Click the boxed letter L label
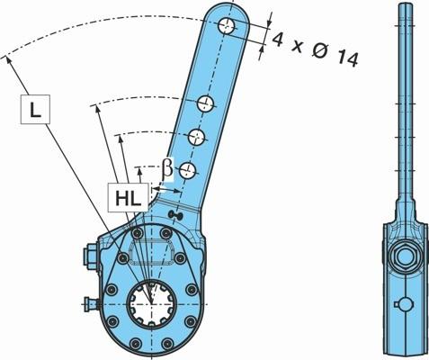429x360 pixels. pyautogui.click(x=35, y=109)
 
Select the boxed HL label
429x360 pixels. pyautogui.click(x=129, y=197)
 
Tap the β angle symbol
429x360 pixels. pyautogui.click(x=167, y=169)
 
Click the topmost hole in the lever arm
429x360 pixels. pyautogui.click(x=227, y=26)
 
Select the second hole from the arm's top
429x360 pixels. pyautogui.click(x=206, y=103)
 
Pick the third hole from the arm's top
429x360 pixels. pyautogui.click(x=196, y=137)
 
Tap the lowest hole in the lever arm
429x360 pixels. pyautogui.click(x=187, y=171)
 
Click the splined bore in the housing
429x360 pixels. pyautogui.click(x=151, y=303)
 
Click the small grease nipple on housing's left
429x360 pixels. pyautogui.click(x=92, y=304)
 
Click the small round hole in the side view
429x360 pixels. pyautogui.click(x=404, y=304)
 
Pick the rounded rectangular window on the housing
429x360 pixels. pyautogui.click(x=152, y=252)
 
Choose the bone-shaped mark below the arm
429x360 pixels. pyautogui.click(x=175, y=214)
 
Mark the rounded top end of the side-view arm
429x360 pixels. pyautogui.click(x=406, y=6)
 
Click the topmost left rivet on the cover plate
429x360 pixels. pyautogui.click(x=138, y=232)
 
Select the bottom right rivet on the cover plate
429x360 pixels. pyautogui.click(x=167, y=343)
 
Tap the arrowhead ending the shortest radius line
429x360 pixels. pyautogui.click(x=139, y=171)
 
